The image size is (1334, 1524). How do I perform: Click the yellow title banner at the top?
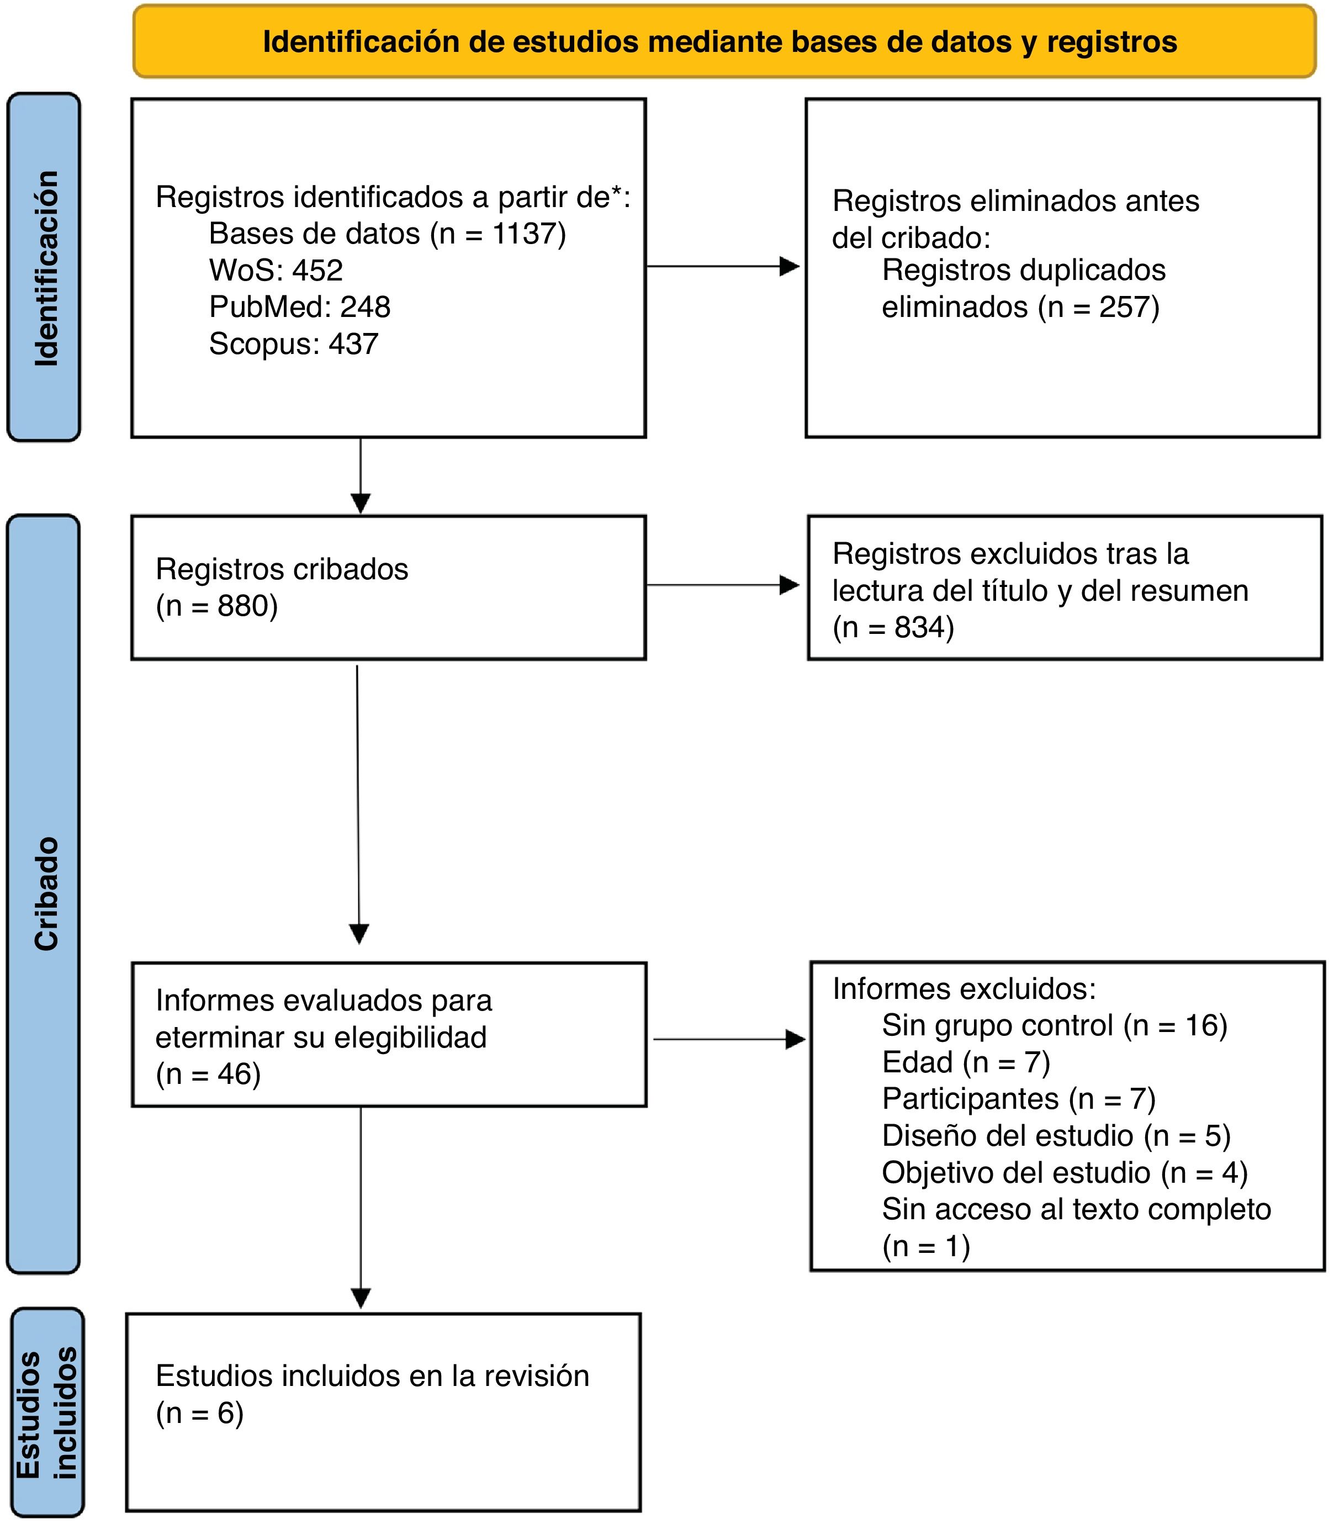coord(724,42)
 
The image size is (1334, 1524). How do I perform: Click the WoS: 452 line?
coord(276,270)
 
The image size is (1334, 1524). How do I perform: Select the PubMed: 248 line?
coord(299,307)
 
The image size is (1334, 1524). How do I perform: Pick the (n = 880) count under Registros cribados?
coord(216,606)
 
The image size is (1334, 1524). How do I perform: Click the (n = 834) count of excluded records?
coord(893,628)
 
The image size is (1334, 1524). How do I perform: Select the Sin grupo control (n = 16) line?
coord(1054,1025)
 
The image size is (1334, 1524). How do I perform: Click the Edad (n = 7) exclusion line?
coord(966,1062)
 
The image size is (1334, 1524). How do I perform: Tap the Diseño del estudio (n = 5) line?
coord(1056,1135)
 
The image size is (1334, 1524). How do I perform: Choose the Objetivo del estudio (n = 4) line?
coord(1065,1173)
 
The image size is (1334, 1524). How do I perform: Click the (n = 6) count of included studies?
coord(199,1412)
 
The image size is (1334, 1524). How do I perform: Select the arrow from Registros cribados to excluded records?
coord(723,585)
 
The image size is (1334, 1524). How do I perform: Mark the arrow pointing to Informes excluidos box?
coord(729,1039)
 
